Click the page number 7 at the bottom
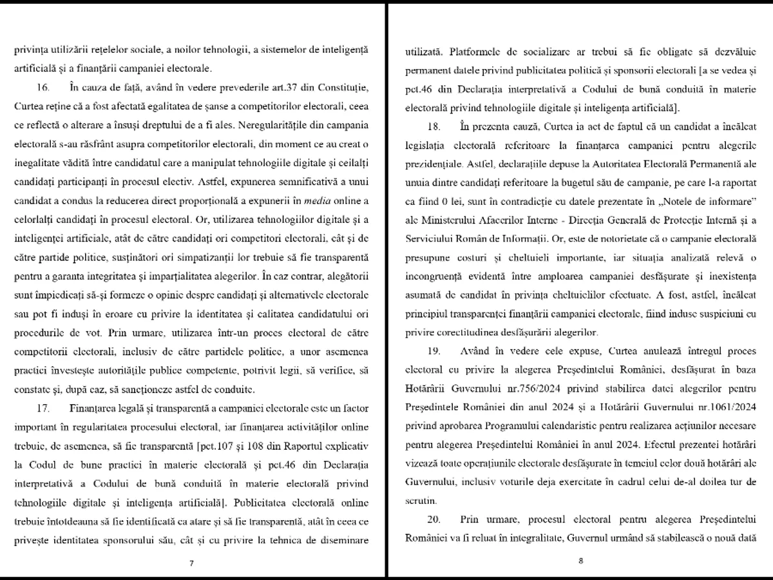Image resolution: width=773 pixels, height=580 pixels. [191, 563]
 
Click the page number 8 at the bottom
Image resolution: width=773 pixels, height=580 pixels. [580, 560]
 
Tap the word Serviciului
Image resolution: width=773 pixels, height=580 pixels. [434, 238]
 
